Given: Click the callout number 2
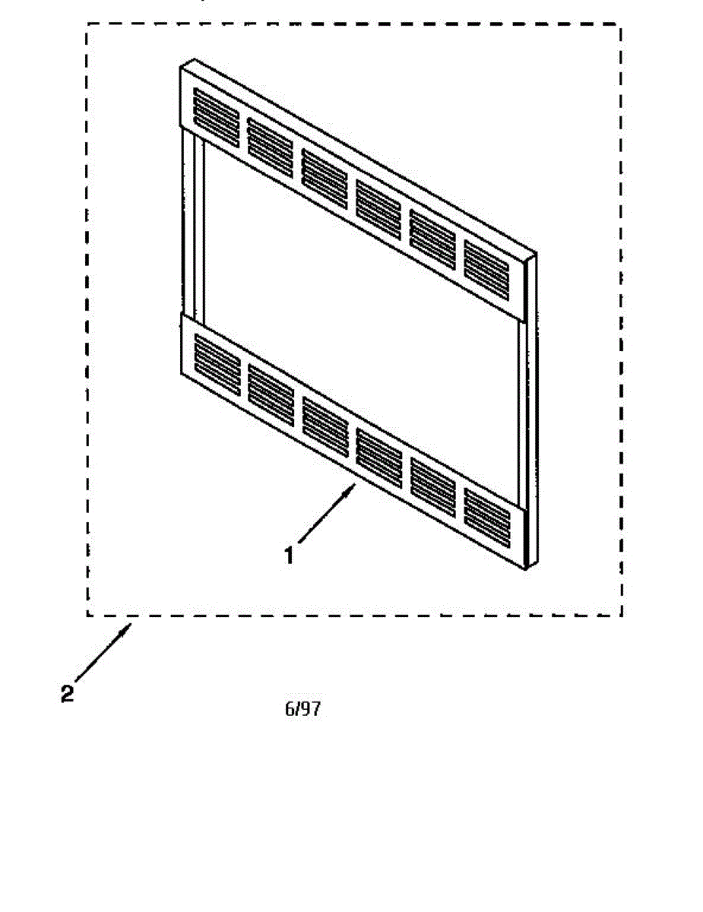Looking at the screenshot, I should coord(68,694).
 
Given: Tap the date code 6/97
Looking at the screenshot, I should coord(302,710).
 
